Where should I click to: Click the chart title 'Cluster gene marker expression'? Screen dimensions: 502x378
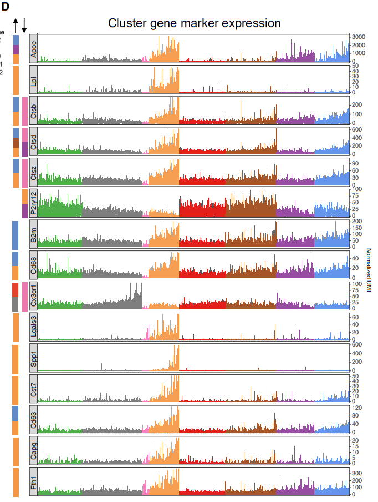coord(194,23)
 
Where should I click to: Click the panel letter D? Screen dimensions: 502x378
coord(5,6)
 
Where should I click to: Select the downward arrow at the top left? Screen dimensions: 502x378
coord(24,24)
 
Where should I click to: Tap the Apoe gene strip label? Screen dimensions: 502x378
coord(34,48)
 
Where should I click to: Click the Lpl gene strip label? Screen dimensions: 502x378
coord(34,79)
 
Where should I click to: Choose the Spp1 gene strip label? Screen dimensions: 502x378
coord(34,358)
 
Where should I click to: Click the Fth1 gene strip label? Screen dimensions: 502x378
coord(34,483)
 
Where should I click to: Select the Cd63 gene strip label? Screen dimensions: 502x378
coord(34,420)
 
